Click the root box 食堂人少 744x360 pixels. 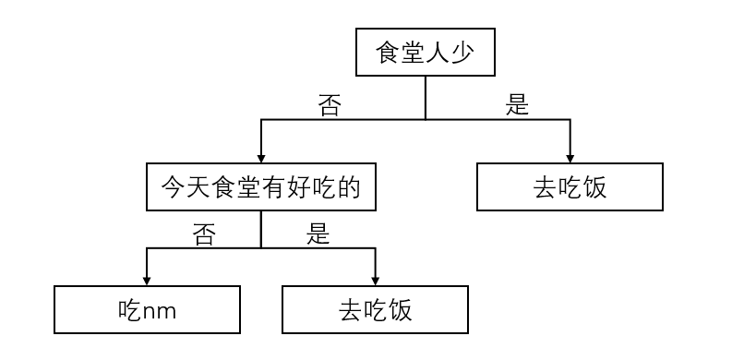(425, 54)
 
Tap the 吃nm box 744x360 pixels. (147, 309)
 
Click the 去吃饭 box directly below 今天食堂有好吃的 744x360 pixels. (374, 309)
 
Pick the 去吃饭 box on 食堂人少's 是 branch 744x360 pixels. (570, 187)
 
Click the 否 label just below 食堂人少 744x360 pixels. (330, 105)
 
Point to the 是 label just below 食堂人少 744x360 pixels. (518, 105)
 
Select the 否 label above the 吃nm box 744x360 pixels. (204, 234)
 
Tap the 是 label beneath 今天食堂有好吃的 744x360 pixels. (318, 234)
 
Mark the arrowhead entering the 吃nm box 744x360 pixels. (147, 280)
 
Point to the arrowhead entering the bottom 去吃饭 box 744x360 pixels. (374, 280)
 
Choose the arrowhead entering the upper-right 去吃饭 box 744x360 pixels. (570, 157)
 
